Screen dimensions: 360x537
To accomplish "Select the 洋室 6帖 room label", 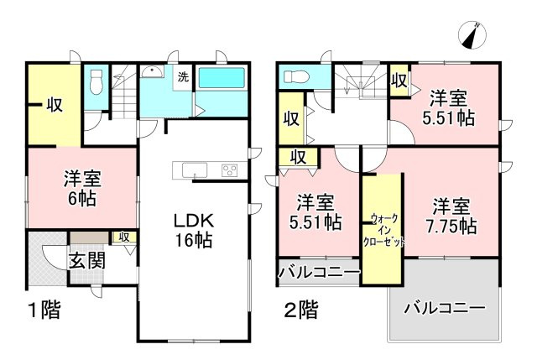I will [82, 188].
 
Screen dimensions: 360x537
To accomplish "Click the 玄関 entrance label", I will [87, 259].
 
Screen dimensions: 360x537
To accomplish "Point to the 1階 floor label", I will [39, 311].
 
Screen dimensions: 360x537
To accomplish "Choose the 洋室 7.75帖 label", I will [455, 216].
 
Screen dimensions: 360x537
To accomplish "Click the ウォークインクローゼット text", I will [382, 229].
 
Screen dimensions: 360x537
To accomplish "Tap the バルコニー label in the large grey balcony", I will [443, 308].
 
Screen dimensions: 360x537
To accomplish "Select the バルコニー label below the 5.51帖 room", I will [319, 273].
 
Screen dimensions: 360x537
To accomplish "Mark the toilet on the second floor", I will [296, 78].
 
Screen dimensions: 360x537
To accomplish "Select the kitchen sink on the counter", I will [193, 170].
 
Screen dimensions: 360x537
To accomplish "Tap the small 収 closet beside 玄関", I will [124, 237].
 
